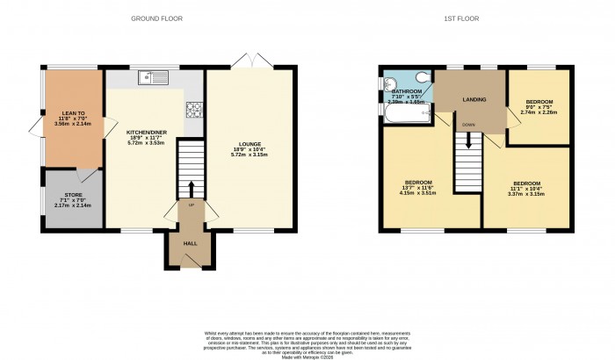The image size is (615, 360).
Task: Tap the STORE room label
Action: [x=72, y=195]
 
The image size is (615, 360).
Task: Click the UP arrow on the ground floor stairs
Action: [x=191, y=189]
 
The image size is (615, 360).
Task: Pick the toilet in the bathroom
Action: [x=423, y=77]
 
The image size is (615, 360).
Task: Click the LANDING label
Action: [x=474, y=99]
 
